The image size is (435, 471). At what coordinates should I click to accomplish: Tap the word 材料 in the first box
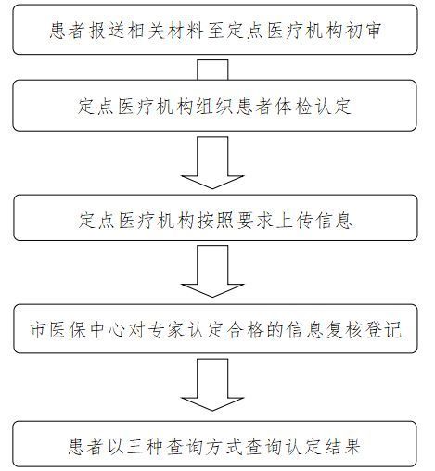(186, 31)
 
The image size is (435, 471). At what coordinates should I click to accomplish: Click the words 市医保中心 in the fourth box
(78, 330)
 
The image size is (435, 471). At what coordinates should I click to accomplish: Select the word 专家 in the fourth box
(166, 330)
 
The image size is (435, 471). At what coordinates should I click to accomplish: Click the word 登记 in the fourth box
(383, 330)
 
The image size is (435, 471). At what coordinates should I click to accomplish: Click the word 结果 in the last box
(343, 446)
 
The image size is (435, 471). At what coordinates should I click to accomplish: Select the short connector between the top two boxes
(212, 70)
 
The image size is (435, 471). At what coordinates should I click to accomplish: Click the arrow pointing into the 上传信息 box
(212, 163)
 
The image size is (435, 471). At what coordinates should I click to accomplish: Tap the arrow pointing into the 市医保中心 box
(212, 271)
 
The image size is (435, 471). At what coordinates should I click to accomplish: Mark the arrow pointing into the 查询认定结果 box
(212, 385)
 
